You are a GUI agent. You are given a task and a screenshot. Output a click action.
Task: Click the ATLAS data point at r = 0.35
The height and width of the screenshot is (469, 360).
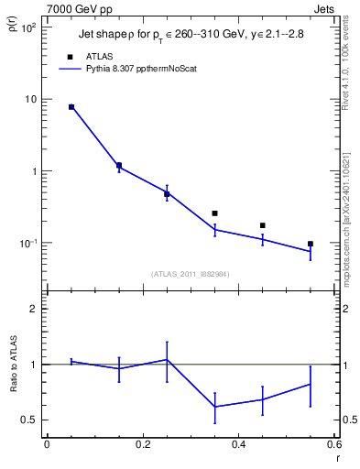[214, 213]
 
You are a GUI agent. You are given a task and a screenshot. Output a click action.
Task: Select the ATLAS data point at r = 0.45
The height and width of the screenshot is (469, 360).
[263, 225]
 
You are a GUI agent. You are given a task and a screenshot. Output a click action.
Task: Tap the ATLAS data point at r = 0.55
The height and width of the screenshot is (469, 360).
[311, 244]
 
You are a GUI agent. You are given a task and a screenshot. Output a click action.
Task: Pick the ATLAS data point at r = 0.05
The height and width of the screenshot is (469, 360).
[71, 107]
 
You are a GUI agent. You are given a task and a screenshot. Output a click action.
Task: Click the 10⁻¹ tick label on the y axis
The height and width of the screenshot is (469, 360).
[28, 244]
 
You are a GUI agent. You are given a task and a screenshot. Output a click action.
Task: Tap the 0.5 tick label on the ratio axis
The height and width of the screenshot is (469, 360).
[30, 420]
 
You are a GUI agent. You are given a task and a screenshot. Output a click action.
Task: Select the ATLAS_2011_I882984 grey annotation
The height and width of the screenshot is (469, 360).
[191, 273]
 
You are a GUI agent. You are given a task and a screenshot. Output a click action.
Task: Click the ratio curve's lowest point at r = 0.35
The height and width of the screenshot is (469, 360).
[214, 407]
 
